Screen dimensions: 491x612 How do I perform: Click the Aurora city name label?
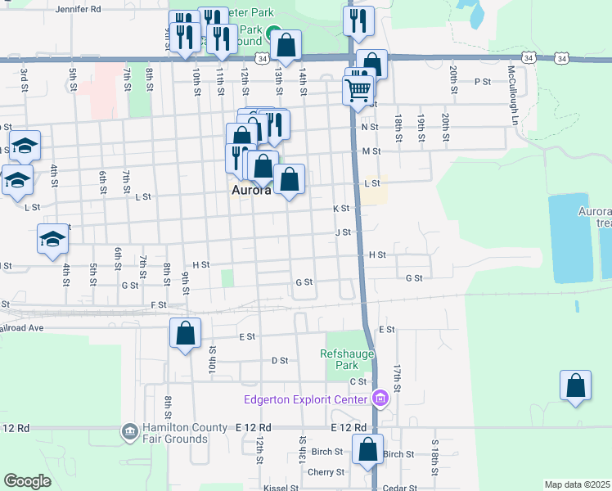[x=250, y=191]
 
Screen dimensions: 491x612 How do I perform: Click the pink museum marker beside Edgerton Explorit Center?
[x=380, y=399]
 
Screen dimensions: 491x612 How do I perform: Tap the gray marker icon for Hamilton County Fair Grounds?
[x=128, y=431]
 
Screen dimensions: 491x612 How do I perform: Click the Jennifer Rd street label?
[x=78, y=10]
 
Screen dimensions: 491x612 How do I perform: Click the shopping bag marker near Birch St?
[x=367, y=448]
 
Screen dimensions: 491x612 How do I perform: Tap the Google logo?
[x=27, y=481]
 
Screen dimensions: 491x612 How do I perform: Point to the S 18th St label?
[x=434, y=453]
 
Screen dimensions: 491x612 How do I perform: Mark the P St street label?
[x=482, y=82]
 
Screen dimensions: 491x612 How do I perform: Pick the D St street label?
[x=279, y=360]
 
